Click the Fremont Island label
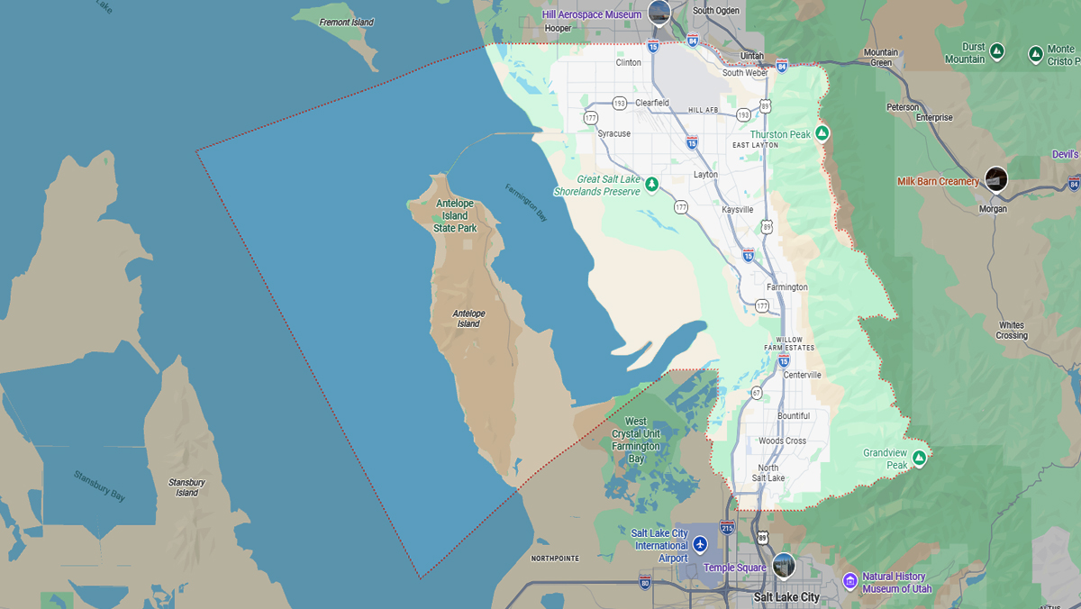click(x=346, y=22)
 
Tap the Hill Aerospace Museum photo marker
click(x=659, y=14)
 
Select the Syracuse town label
click(x=614, y=133)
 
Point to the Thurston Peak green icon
click(x=822, y=133)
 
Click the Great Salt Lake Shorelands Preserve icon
click(x=651, y=184)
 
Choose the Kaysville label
click(x=738, y=209)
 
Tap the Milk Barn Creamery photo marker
click(x=995, y=178)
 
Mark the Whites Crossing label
click(x=1012, y=331)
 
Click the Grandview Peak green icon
click(x=919, y=458)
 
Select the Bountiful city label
click(x=794, y=415)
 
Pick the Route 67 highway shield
click(x=757, y=393)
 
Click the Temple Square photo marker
click(x=783, y=565)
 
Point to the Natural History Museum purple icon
click(x=849, y=580)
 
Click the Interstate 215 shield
click(x=727, y=526)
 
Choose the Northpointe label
click(x=555, y=559)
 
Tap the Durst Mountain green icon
click(x=997, y=51)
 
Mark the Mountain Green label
click(x=880, y=58)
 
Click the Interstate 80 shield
click(x=644, y=581)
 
